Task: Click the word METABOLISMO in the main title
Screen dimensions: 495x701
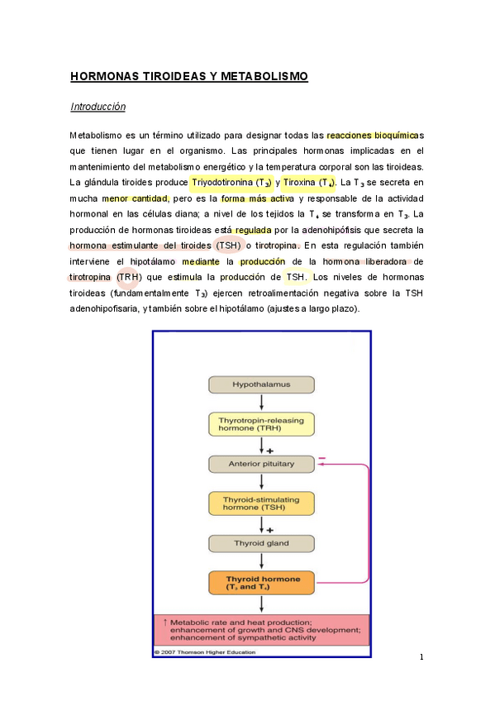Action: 265,77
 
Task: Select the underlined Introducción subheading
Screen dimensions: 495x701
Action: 98,107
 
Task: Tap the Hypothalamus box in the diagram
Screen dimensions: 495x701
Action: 261,385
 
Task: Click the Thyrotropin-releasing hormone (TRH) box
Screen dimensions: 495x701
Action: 261,425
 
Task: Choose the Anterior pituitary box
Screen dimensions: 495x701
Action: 261,464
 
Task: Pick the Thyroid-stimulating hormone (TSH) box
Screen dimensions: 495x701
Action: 261,503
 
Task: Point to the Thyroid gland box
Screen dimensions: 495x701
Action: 261,543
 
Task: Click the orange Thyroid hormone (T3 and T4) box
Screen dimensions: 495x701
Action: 261,582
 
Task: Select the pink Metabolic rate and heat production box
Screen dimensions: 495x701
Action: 261,631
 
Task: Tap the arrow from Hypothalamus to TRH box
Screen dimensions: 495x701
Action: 261,403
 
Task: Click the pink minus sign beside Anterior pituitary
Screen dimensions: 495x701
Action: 322,457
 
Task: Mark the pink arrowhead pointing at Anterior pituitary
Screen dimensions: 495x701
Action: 321,465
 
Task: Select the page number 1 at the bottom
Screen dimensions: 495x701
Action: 421,657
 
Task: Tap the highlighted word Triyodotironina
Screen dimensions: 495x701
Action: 221,182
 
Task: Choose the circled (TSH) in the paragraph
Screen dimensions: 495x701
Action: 229,246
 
